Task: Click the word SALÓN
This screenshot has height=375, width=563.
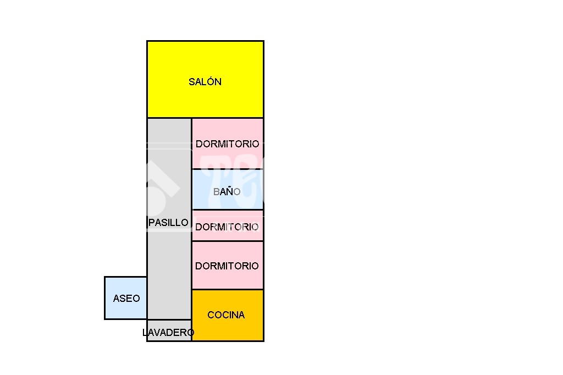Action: tap(205, 81)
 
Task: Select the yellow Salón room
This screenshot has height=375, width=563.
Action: tap(206, 79)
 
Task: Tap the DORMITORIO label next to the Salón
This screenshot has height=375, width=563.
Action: tap(227, 144)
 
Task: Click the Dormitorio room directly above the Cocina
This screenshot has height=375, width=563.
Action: tap(228, 265)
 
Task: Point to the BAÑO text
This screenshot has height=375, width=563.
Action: tap(227, 191)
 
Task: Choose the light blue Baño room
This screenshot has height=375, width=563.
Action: tap(228, 189)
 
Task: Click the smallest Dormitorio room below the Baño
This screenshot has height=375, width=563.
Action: tap(228, 225)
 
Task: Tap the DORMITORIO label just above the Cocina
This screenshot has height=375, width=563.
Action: tap(227, 266)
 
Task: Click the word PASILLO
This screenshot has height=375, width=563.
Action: tap(168, 223)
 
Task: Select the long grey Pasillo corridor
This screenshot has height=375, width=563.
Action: tap(169, 218)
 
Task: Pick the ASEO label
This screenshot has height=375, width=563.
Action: tap(126, 299)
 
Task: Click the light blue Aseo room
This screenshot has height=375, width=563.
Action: tap(126, 298)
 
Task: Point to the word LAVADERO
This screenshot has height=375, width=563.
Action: tap(168, 333)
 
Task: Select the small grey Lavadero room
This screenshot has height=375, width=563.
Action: tap(169, 330)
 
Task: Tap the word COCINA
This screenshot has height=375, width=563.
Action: tap(226, 315)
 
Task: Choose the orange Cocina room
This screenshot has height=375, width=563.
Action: tap(228, 316)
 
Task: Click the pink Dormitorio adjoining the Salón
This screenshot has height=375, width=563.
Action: tap(228, 144)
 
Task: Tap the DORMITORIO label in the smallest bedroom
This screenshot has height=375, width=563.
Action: tap(227, 227)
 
